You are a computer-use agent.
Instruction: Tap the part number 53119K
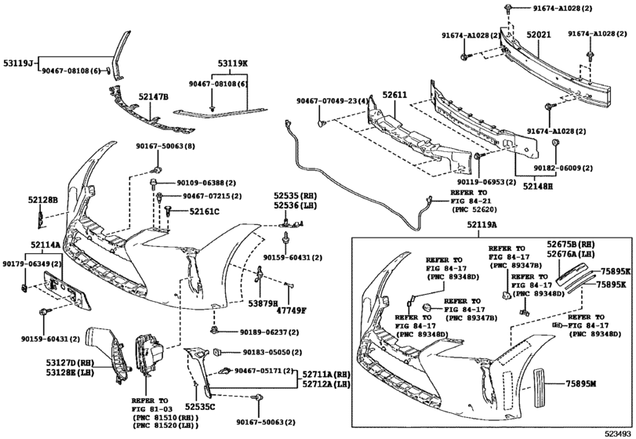233,64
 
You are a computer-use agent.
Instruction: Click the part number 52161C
204,212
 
